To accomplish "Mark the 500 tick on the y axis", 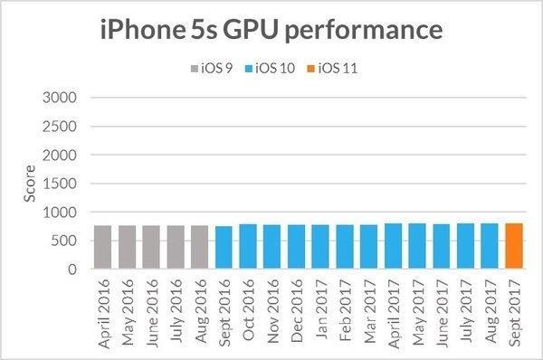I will (66, 241).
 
